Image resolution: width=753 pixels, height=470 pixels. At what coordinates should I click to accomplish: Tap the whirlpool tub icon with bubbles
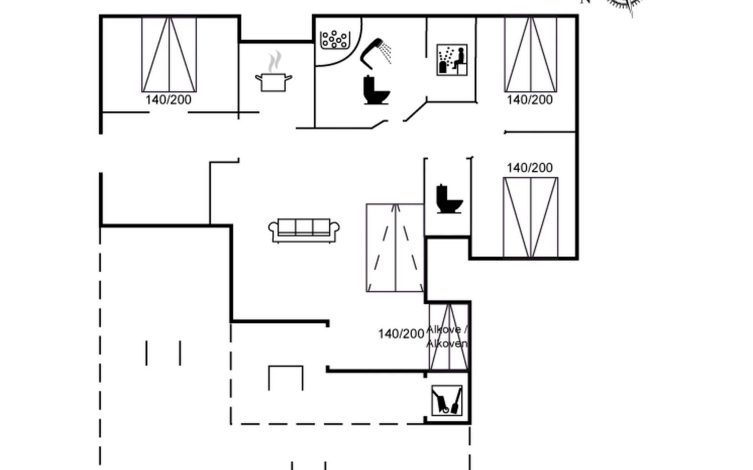click(335, 40)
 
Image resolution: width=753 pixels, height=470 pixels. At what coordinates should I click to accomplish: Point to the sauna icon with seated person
click(452, 60)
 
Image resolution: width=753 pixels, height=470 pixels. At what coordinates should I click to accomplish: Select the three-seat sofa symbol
click(304, 230)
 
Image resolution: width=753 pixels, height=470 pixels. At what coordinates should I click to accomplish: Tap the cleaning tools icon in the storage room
click(447, 400)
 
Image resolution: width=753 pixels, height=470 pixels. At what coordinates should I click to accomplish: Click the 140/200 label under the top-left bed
click(169, 100)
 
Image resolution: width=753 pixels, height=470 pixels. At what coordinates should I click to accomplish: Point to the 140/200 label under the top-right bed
click(530, 100)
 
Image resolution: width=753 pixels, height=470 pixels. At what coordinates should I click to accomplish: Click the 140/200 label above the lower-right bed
click(530, 168)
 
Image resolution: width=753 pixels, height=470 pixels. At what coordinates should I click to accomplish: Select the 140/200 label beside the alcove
click(401, 334)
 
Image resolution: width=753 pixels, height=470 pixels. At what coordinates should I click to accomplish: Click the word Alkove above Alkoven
click(444, 330)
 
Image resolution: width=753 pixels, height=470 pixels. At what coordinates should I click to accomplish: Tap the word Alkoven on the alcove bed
click(447, 344)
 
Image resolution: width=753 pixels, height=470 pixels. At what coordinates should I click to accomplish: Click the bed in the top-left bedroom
click(169, 54)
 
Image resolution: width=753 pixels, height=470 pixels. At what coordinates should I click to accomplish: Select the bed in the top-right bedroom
click(531, 54)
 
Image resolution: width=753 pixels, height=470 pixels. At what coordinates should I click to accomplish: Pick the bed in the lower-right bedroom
click(531, 218)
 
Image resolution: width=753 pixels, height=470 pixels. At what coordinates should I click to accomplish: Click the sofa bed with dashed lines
click(395, 248)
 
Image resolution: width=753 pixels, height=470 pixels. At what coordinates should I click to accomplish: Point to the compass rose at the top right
click(626, 4)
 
